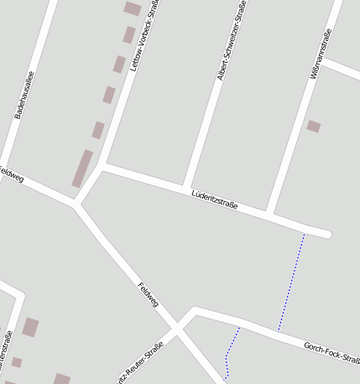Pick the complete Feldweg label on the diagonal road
click(x=149, y=294)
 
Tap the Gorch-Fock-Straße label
click(x=332, y=351)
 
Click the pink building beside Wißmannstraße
click(x=313, y=127)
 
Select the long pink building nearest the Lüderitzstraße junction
click(x=82, y=168)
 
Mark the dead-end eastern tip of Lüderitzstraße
click(x=326, y=234)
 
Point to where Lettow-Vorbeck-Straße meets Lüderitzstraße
click(x=103, y=166)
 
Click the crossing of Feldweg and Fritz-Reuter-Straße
click(x=178, y=330)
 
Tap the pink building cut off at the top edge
click(x=133, y=8)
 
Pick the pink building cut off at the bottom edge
click(x=61, y=379)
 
